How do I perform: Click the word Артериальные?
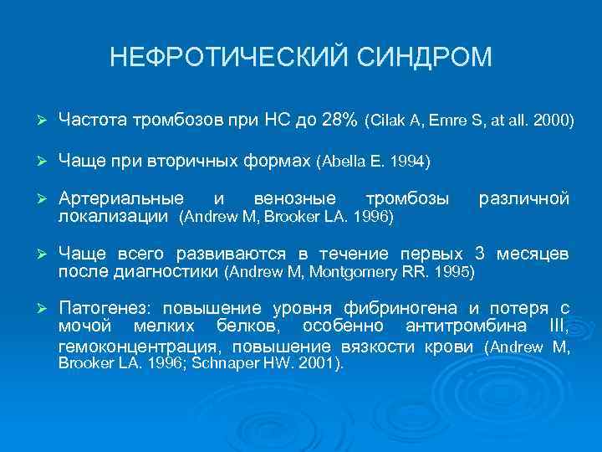click(122, 198)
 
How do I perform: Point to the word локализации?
click(115, 217)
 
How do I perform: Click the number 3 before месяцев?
click(479, 254)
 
